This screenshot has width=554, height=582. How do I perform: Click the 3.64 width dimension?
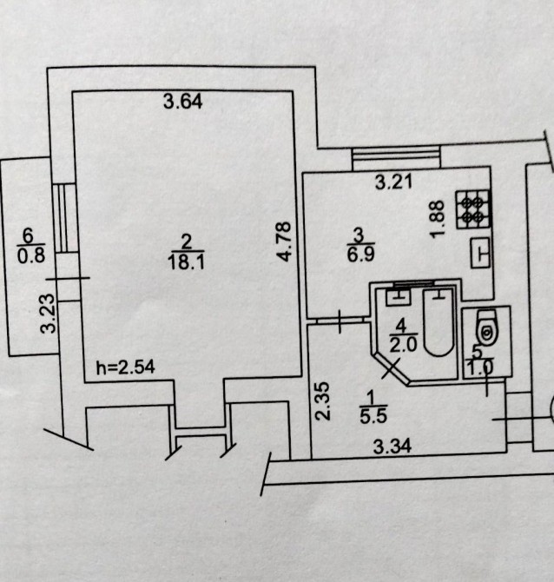coord(183,102)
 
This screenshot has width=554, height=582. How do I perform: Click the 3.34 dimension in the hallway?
coord(391,447)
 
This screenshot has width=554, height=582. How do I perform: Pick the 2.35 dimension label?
coord(323,400)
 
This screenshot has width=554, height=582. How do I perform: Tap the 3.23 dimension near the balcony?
coord(49,314)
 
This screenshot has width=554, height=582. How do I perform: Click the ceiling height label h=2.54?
coord(125,367)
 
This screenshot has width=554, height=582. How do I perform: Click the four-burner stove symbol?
coord(474,208)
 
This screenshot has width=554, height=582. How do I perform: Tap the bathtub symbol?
coord(438,326)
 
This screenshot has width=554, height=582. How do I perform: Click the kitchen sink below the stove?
coord(481,253)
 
